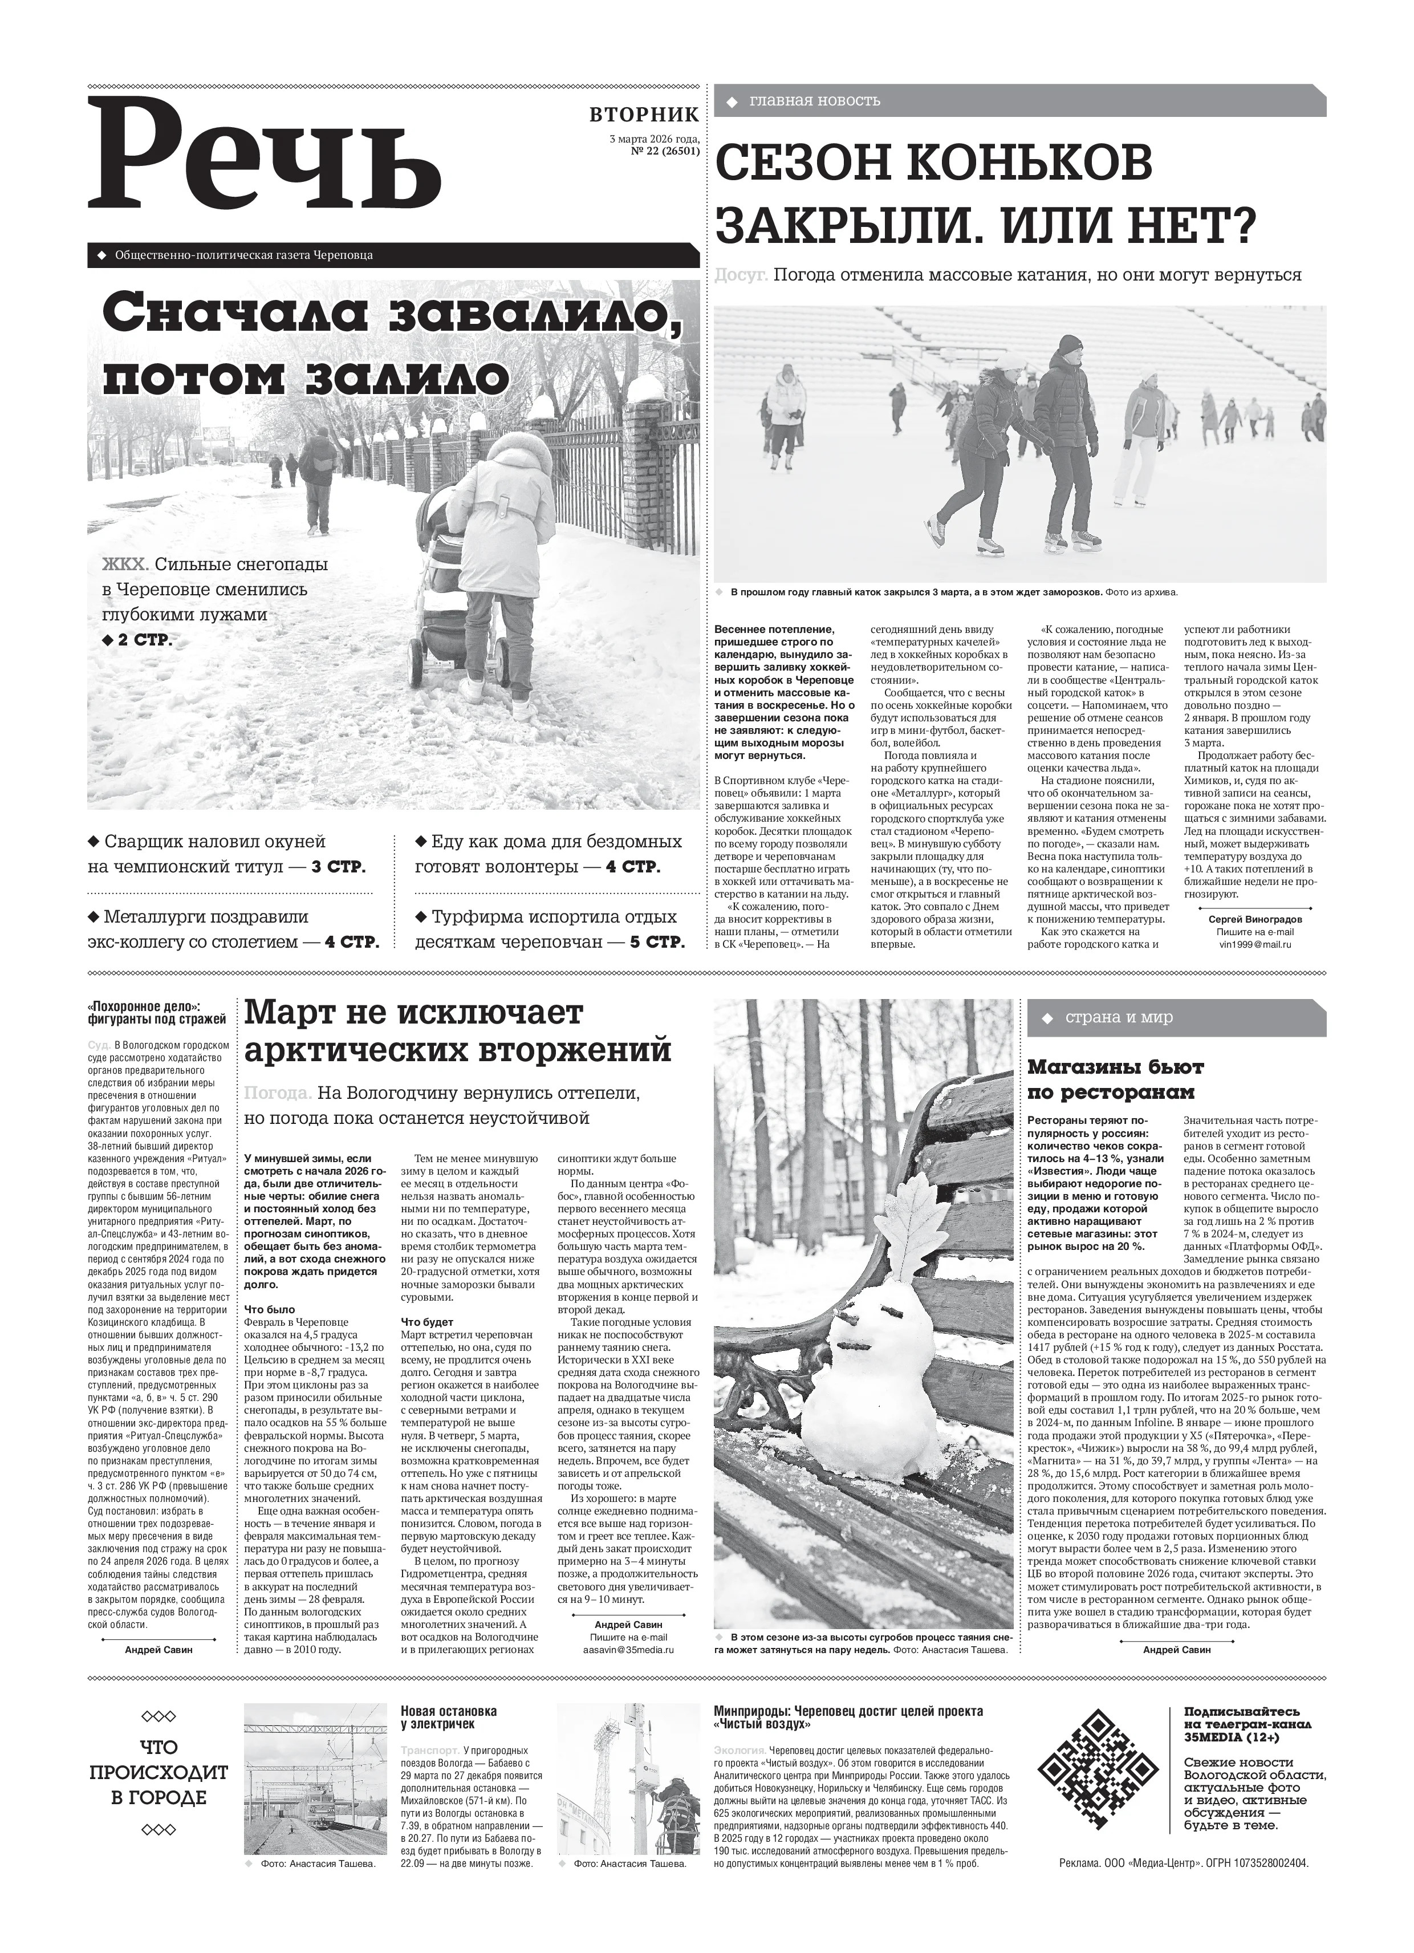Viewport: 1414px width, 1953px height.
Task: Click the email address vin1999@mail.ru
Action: (1255, 944)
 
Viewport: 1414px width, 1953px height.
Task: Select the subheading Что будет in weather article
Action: (427, 1322)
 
